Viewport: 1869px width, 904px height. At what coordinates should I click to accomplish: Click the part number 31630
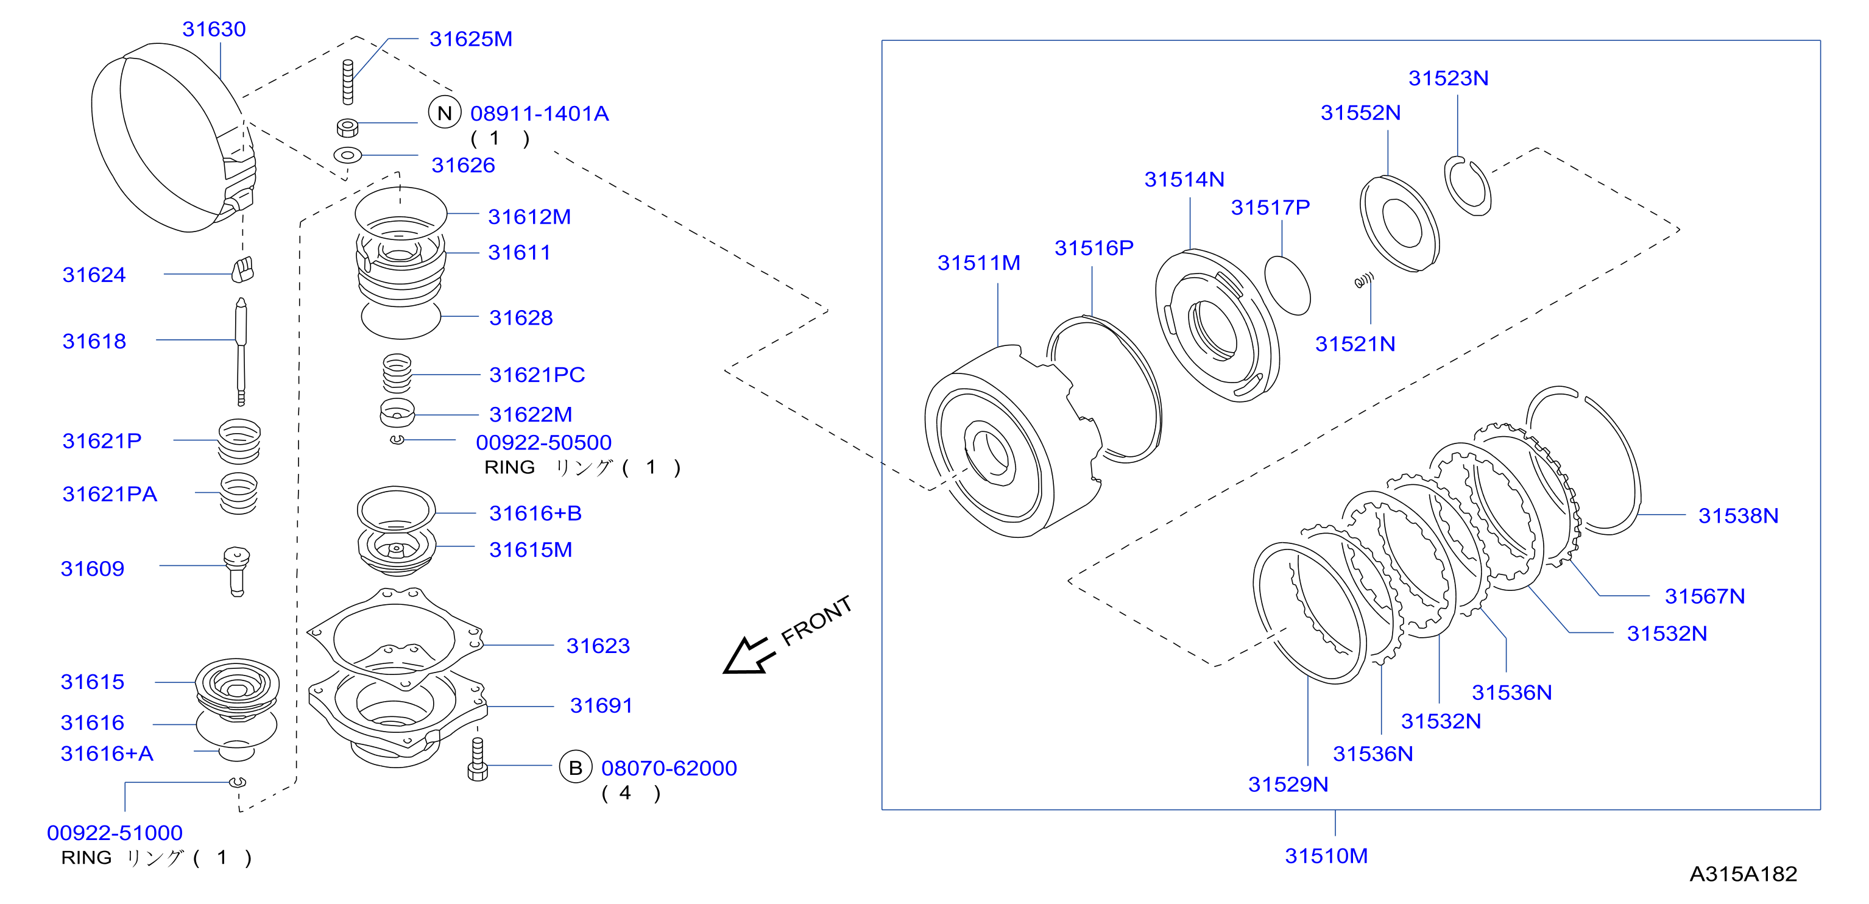click(214, 29)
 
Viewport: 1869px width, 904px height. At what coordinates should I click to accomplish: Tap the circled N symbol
click(445, 113)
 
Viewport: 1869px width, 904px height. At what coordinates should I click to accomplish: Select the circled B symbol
click(575, 768)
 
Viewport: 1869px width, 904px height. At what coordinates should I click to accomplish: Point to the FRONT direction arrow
click(747, 655)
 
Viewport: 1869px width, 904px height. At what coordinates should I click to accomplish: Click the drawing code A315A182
click(1743, 874)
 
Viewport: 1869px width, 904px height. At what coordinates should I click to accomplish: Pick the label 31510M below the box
click(1326, 856)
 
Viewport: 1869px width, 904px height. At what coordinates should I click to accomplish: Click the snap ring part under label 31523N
click(1468, 186)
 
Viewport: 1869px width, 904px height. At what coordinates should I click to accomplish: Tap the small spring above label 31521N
click(1364, 280)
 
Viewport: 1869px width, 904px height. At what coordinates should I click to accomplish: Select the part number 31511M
click(979, 263)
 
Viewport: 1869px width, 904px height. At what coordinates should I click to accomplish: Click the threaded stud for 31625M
click(347, 82)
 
